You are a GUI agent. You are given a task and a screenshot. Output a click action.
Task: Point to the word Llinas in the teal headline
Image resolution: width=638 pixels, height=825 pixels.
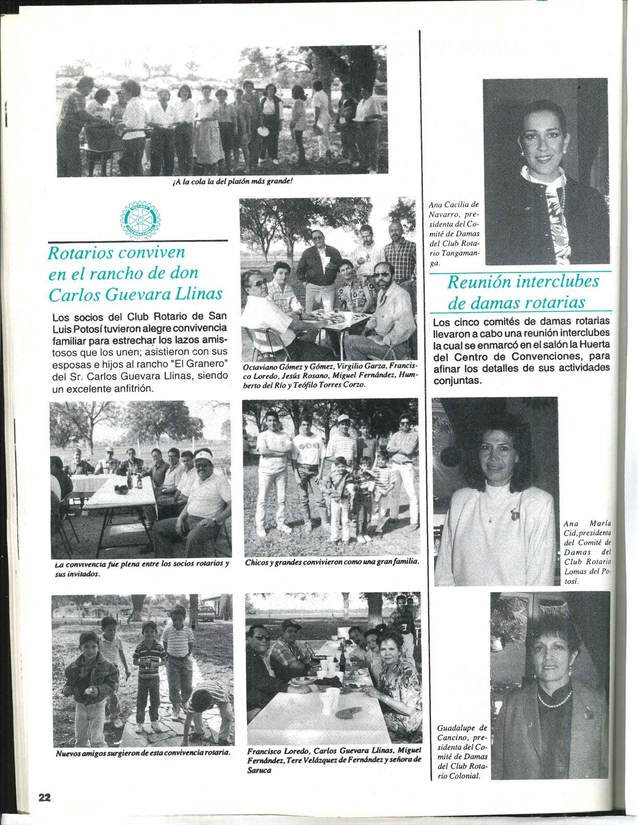pyautogui.click(x=199, y=294)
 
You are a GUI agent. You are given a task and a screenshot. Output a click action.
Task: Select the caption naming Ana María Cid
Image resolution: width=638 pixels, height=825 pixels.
pyautogui.click(x=587, y=552)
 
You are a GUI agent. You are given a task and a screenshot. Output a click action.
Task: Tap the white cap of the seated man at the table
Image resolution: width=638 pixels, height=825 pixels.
pyautogui.click(x=207, y=457)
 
